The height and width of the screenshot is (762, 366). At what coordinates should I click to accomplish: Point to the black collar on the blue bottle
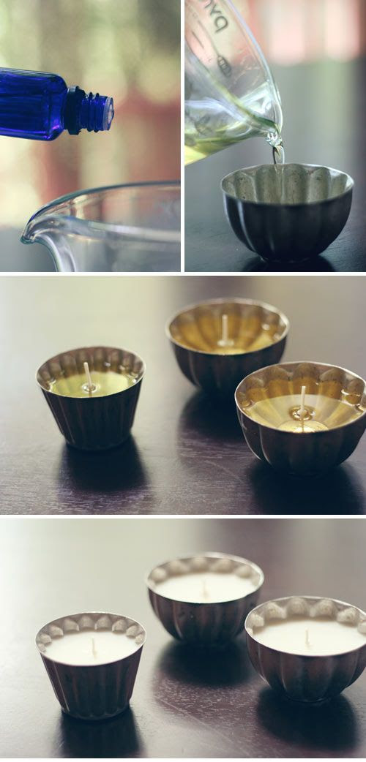(x=75, y=110)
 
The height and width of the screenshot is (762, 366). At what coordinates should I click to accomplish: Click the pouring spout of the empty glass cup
(x=31, y=233)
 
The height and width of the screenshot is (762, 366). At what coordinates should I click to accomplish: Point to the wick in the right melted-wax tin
(x=302, y=400)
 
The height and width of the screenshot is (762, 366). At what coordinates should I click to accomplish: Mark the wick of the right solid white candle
(x=307, y=638)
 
